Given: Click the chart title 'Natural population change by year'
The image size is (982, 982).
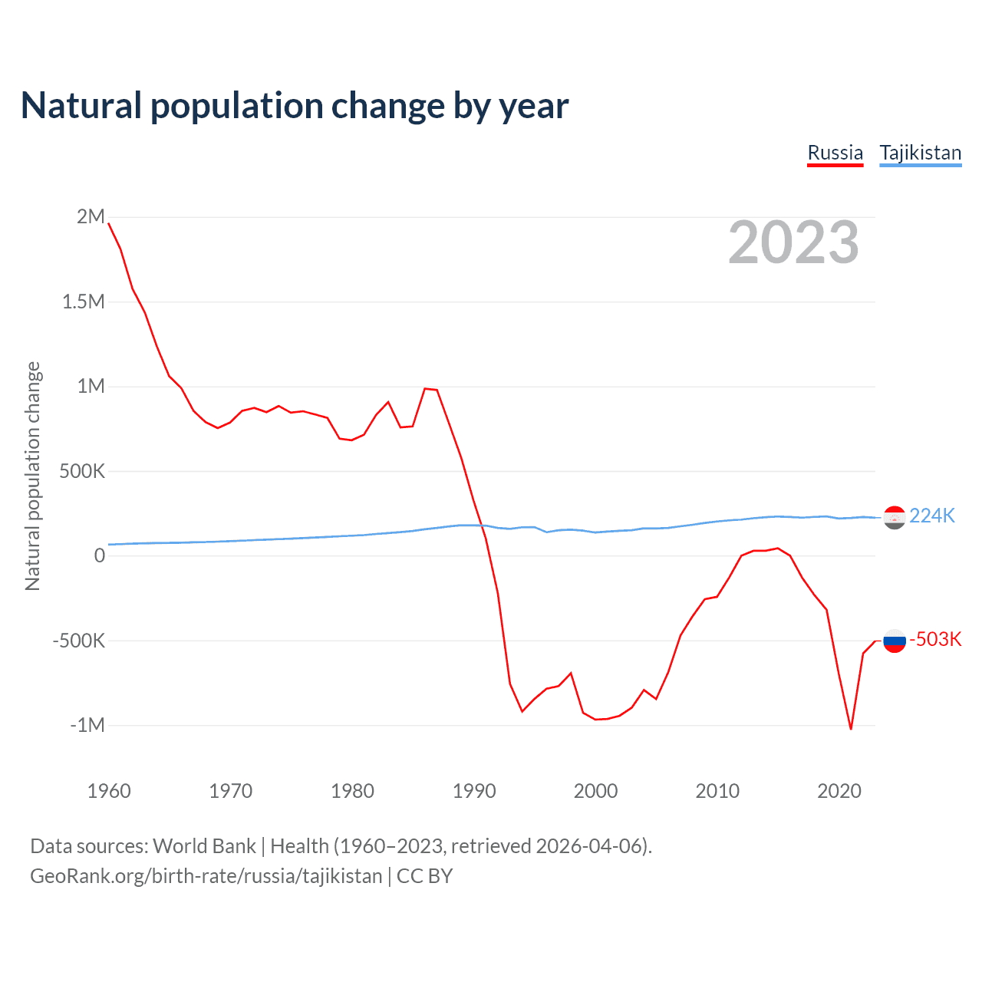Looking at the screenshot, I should pyautogui.click(x=295, y=106).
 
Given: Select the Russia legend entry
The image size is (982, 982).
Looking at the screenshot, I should pyautogui.click(x=835, y=153).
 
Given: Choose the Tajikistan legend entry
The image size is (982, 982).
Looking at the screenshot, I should pyautogui.click(x=920, y=153).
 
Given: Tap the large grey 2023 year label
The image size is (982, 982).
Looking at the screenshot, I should pyautogui.click(x=793, y=242).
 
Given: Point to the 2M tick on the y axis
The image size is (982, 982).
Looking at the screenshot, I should pyautogui.click(x=91, y=216).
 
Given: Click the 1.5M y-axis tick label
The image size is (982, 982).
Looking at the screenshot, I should pyautogui.click(x=84, y=302).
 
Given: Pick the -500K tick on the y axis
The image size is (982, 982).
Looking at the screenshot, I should pyautogui.click(x=78, y=641).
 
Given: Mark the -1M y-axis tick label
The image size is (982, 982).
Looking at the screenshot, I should pyautogui.click(x=87, y=725).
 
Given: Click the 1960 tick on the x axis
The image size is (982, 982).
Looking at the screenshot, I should pyautogui.click(x=109, y=791).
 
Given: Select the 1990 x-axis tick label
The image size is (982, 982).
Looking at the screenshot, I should pyautogui.click(x=474, y=791).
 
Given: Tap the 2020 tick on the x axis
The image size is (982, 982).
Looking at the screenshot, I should pyautogui.click(x=839, y=791).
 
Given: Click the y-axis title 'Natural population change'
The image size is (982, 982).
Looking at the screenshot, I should pyautogui.click(x=32, y=476).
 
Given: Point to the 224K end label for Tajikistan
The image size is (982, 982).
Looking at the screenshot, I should pyautogui.click(x=932, y=516).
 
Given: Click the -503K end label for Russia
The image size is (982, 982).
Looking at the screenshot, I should pyautogui.click(x=935, y=639).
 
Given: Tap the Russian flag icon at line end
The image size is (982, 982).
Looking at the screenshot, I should pyautogui.click(x=895, y=640).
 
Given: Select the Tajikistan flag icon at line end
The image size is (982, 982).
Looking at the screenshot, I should pyautogui.click(x=895, y=517).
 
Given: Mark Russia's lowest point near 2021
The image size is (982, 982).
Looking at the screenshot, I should pyautogui.click(x=851, y=729).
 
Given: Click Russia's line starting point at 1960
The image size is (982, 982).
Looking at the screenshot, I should pyautogui.click(x=109, y=223).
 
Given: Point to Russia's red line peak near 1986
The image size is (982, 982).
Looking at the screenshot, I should pyautogui.click(x=425, y=388).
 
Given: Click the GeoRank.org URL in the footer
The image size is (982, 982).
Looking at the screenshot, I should pyautogui.click(x=206, y=876).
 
